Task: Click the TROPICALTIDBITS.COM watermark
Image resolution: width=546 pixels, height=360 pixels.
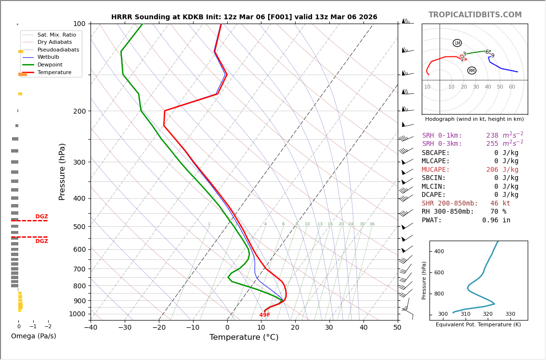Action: tap(475, 15)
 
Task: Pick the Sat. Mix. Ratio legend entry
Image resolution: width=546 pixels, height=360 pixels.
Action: tap(57, 35)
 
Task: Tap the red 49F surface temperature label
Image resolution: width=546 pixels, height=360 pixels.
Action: tap(265, 315)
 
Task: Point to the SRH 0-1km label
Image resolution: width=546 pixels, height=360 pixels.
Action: tap(442, 136)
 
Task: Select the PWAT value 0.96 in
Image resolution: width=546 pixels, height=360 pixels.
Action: tap(496, 220)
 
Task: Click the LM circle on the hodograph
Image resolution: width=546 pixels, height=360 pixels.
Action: tap(457, 43)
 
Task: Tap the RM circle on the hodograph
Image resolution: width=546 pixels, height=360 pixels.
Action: tap(471, 71)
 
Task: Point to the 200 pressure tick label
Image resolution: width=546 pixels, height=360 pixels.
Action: tap(79, 111)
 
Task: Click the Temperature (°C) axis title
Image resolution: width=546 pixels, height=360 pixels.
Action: tap(244, 338)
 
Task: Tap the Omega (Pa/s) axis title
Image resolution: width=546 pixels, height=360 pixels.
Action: tap(33, 336)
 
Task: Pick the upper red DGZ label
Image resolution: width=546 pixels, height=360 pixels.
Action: tap(41, 217)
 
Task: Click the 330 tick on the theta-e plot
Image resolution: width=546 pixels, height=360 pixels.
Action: tap(510, 314)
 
